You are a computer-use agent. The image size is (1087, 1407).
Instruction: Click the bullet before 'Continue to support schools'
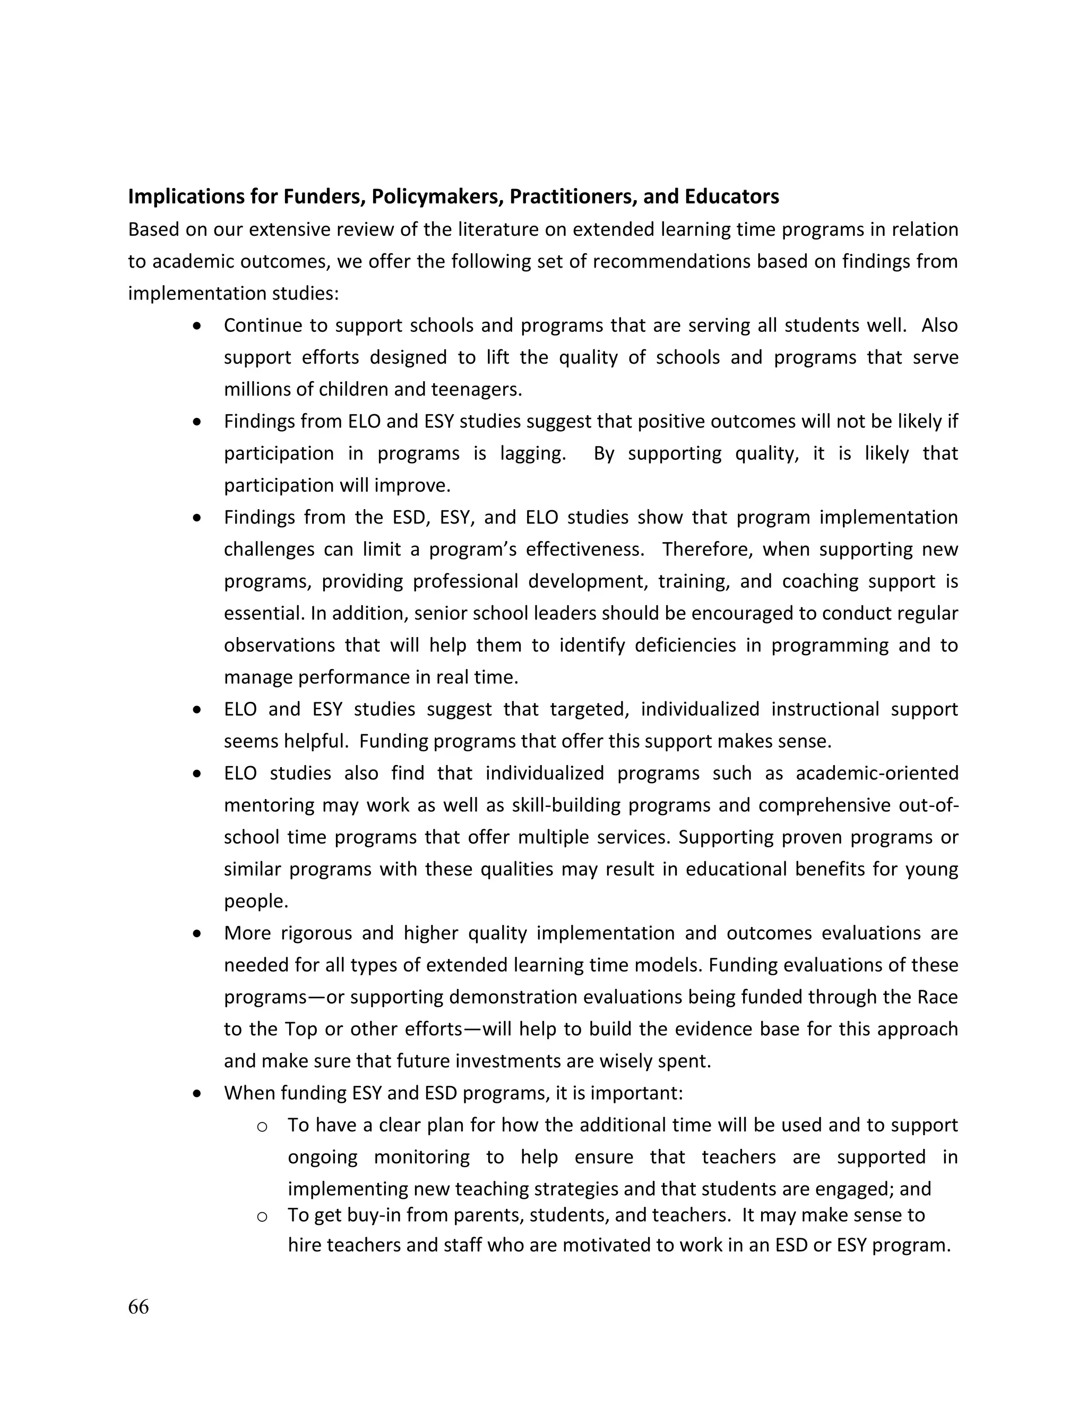[197, 325]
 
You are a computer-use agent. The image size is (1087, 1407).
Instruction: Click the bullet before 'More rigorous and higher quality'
[197, 933]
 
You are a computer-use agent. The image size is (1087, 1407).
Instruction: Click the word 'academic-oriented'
[877, 773]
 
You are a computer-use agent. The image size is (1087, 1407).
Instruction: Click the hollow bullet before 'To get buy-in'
[262, 1216]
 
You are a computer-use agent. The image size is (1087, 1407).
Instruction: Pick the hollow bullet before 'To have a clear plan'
[262, 1126]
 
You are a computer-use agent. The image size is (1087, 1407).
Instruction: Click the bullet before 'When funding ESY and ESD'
[197, 1093]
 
